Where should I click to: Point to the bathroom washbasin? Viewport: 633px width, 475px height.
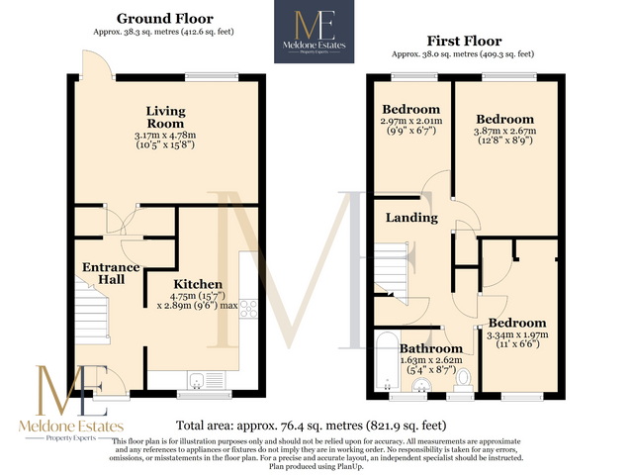[x=420, y=385]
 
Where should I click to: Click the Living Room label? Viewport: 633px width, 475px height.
[x=165, y=117]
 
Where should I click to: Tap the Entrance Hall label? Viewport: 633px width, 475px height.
[x=111, y=274]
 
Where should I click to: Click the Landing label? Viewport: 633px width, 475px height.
[x=406, y=218]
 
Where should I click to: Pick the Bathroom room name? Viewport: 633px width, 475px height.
[x=431, y=349]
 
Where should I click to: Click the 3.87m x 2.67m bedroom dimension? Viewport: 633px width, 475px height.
[x=503, y=130]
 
